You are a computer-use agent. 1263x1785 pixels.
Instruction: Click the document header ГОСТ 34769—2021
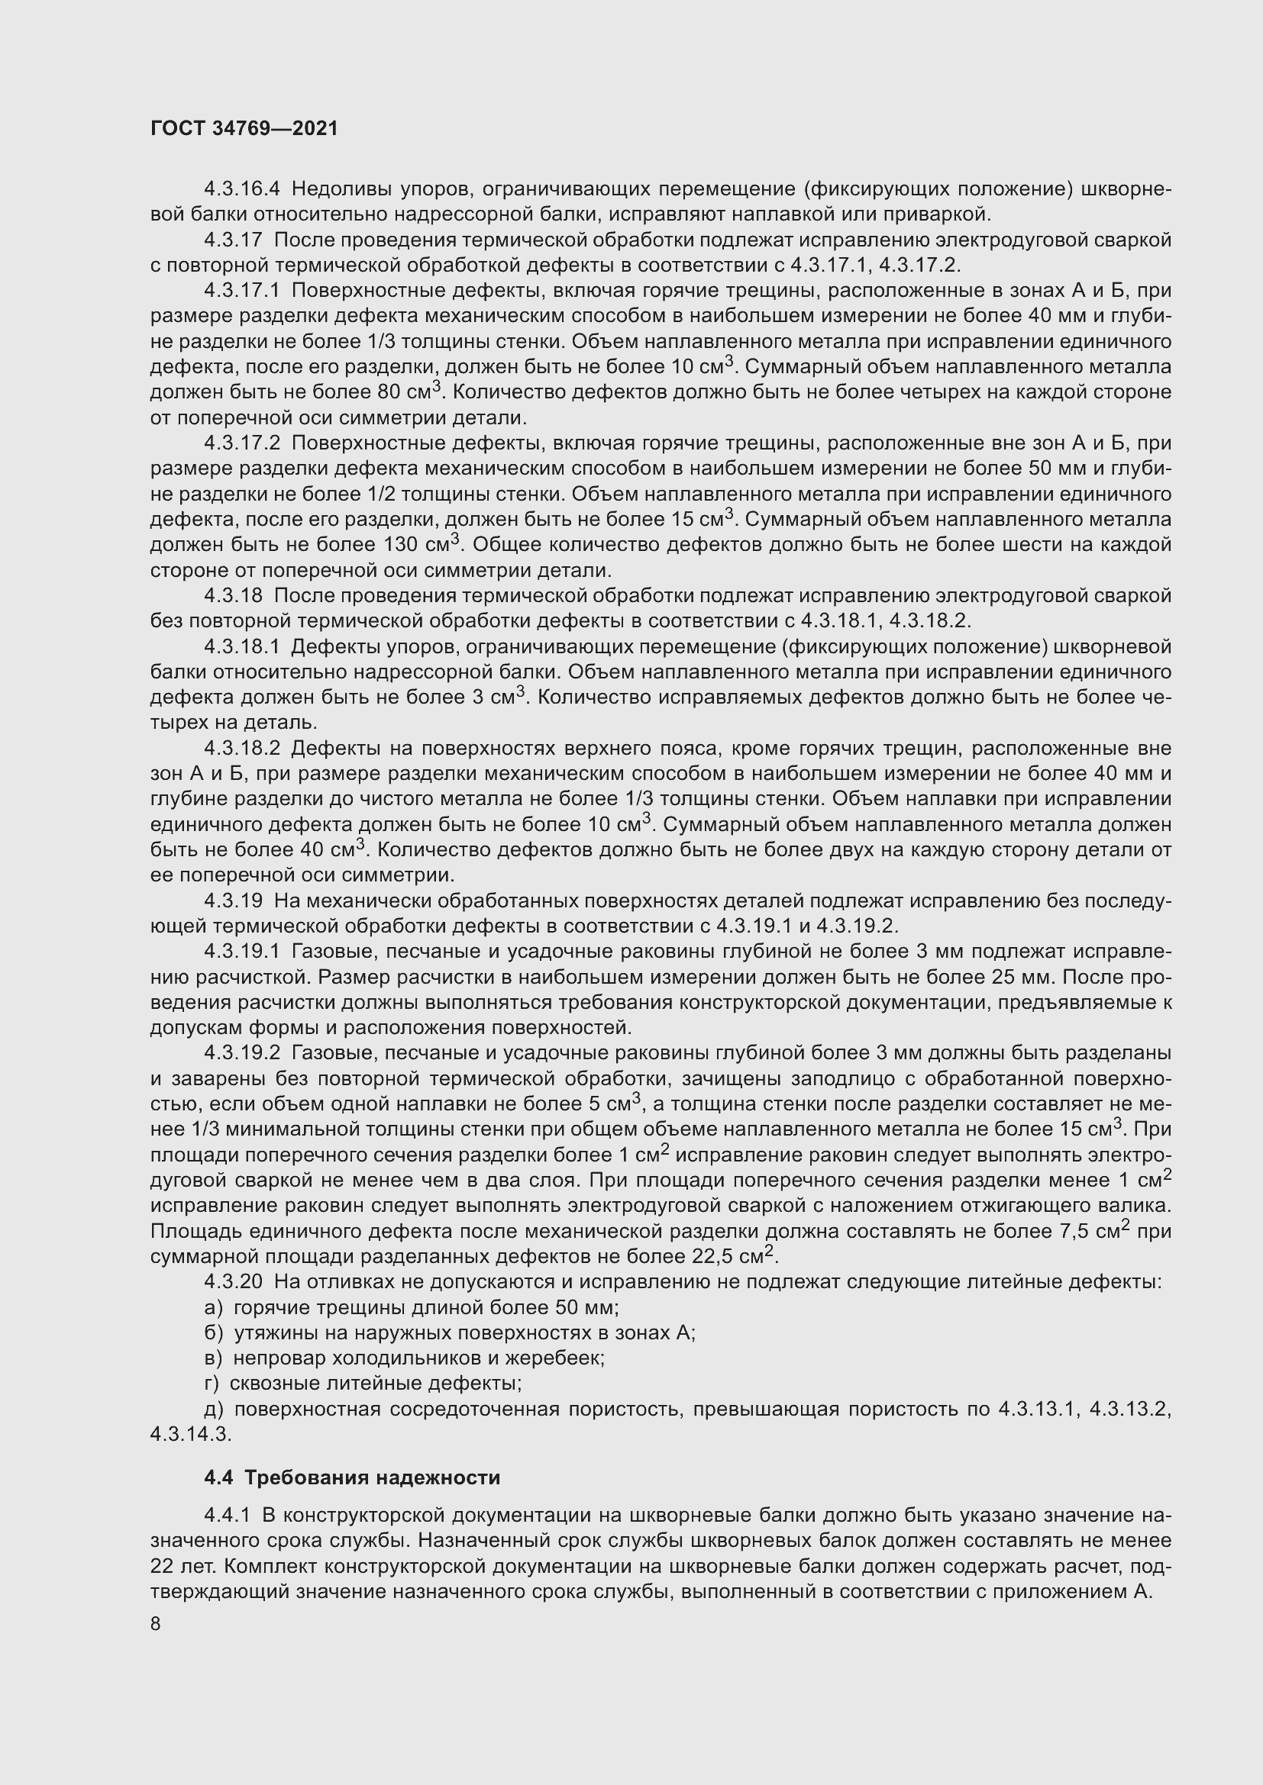tap(244, 129)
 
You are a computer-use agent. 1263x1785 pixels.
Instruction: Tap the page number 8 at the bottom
tap(156, 1624)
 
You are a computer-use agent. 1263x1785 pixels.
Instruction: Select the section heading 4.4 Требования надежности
tap(351, 1477)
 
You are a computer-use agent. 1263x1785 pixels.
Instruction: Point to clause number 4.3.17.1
tap(241, 291)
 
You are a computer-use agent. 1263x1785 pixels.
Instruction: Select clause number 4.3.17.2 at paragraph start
tap(241, 443)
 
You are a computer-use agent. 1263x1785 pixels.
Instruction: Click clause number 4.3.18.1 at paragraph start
tap(241, 647)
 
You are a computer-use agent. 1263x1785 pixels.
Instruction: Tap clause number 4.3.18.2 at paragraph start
tap(241, 749)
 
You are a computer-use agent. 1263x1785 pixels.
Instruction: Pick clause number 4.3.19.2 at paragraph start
tap(241, 1053)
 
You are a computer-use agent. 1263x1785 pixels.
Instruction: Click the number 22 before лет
tap(162, 1566)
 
